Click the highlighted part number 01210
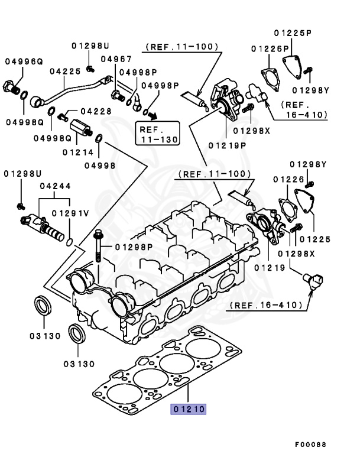188,408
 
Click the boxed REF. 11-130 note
158,133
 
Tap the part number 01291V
70,213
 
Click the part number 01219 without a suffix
271,268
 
